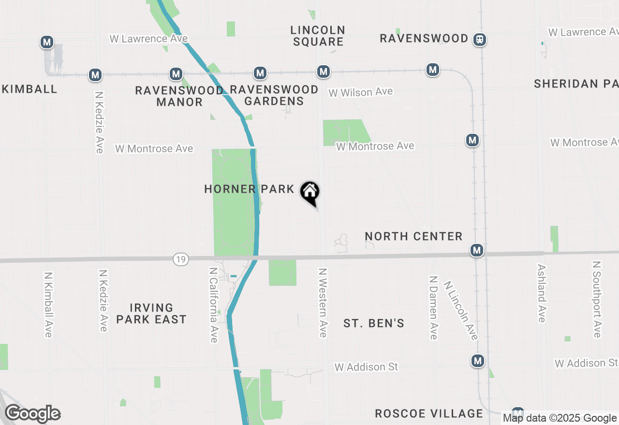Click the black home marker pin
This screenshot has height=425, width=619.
(310, 192)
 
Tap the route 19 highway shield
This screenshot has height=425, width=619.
(180, 260)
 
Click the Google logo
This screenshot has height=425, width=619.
(32, 414)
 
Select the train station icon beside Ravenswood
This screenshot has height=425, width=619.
(480, 39)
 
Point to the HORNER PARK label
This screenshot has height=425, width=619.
(249, 189)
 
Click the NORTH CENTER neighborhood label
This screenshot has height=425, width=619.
(413, 236)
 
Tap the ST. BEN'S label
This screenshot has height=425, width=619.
(374, 323)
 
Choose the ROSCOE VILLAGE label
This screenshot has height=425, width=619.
(429, 413)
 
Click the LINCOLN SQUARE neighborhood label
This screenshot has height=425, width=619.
(318, 36)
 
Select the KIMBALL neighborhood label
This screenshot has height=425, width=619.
(30, 89)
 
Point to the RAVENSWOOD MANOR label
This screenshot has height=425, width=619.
(179, 96)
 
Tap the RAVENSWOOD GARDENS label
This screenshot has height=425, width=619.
(274, 95)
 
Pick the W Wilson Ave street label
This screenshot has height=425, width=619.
(361, 92)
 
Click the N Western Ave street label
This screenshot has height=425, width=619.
(323, 303)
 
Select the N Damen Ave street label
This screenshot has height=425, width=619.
(433, 308)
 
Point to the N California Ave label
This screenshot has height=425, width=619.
(213, 305)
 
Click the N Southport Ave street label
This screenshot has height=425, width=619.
(597, 299)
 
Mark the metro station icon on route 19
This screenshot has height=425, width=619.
(477, 250)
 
